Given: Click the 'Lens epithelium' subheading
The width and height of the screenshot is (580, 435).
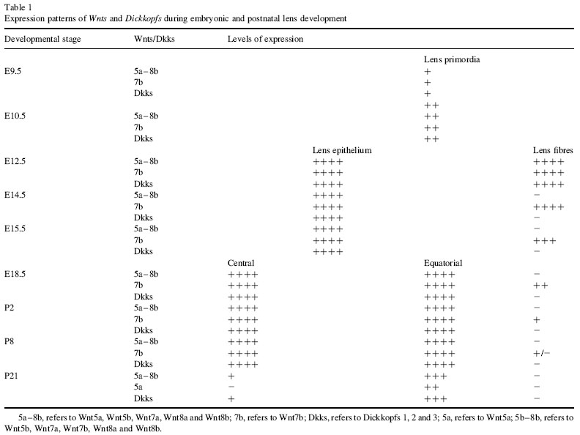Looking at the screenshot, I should (x=343, y=150).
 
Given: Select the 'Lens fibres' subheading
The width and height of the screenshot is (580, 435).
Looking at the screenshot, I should (x=553, y=150).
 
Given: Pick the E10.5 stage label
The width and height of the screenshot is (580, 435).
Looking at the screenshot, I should (x=17, y=116).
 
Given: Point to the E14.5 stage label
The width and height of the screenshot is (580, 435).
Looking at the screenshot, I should (x=17, y=195).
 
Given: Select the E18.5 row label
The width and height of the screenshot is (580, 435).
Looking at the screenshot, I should (x=17, y=273).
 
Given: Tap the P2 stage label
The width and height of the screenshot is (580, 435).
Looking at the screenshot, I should (x=10, y=307).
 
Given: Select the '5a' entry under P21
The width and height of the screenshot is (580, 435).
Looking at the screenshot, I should (x=133, y=386).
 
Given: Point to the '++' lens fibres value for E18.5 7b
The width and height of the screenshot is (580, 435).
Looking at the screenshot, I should (x=541, y=285).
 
